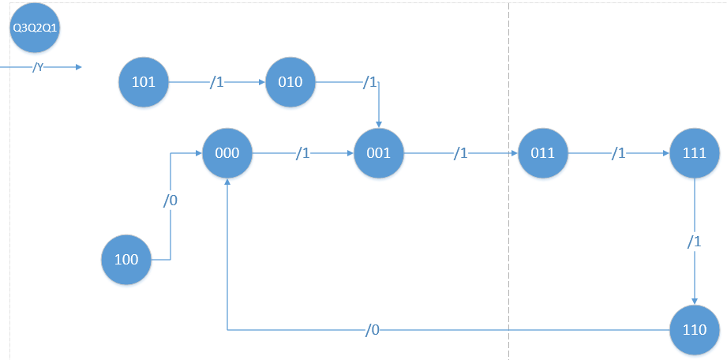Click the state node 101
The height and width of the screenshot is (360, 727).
[x=144, y=81]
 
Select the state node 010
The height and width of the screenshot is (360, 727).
[x=290, y=81]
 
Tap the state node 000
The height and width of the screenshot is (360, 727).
[x=227, y=153]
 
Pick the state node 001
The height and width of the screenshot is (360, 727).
[x=380, y=153]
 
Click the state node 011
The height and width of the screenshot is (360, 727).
[x=543, y=153]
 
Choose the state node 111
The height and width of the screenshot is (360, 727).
[x=695, y=153]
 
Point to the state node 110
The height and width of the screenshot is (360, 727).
[x=695, y=329]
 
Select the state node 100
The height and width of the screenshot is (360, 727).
[x=126, y=259]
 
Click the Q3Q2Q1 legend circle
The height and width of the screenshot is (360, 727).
[x=35, y=28]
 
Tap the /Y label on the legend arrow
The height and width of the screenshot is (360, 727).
[x=37, y=68]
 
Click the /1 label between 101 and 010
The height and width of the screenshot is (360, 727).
[x=216, y=81]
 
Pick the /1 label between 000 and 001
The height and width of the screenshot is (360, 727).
[x=302, y=154]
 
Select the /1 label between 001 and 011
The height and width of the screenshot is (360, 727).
[x=460, y=154]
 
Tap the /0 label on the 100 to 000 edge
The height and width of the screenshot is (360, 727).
[x=171, y=201]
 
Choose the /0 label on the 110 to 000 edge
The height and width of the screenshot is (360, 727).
[x=373, y=330]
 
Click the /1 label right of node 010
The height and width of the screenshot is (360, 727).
[x=369, y=81]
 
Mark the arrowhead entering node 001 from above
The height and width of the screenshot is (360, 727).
[x=380, y=124]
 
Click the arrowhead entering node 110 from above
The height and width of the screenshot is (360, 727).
[x=695, y=300]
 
